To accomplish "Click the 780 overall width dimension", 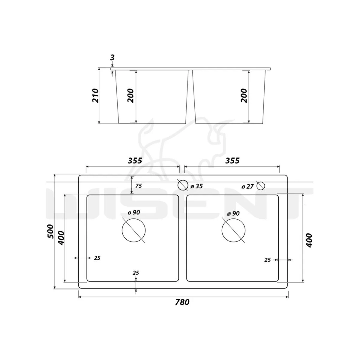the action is (182, 302).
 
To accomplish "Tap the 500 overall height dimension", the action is (50, 232).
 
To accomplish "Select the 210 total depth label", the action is (95, 95).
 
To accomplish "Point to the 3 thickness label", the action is (112, 58).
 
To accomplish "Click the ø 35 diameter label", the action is (196, 186).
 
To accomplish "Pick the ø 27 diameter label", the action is (247, 186).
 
